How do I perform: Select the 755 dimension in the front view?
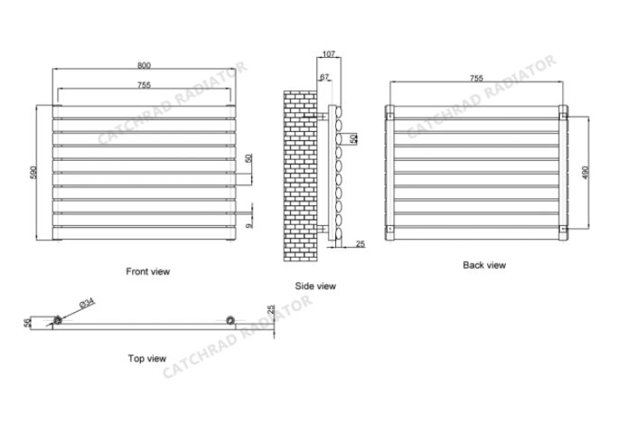point(144,85)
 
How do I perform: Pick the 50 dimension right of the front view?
point(249,159)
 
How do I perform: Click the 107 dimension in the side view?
point(328,55)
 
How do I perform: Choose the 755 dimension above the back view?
point(476,79)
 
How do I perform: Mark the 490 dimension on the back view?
point(585,172)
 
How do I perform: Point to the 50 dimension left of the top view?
point(28,321)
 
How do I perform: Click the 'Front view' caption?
point(147,270)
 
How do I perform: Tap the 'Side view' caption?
point(315,286)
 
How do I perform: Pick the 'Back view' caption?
point(484,265)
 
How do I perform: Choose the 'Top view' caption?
point(146,359)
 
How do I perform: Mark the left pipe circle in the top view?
point(58,320)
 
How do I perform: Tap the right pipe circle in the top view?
point(231,320)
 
